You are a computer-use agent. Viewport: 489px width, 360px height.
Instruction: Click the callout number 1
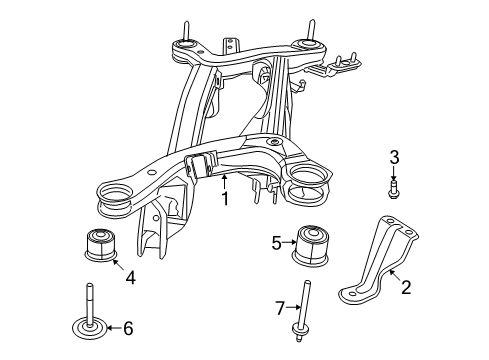coord(225,199)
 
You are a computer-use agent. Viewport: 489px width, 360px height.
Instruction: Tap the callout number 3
coord(394,156)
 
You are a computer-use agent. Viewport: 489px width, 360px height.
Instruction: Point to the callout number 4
coord(130,279)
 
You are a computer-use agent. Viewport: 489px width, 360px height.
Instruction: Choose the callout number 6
coord(128,327)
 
